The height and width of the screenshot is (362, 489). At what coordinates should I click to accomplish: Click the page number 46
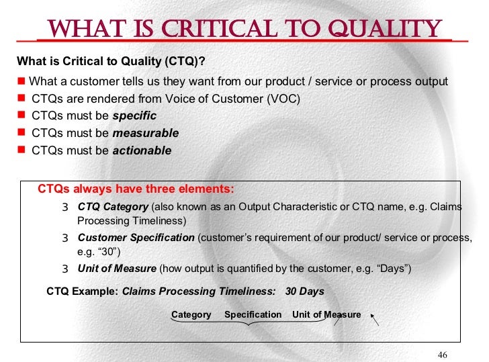click(x=442, y=355)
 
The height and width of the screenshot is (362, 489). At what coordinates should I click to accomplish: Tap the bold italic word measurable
click(x=145, y=133)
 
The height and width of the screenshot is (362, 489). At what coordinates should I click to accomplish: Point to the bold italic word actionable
click(x=142, y=150)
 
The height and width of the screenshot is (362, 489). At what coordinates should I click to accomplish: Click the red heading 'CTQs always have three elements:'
click(x=136, y=189)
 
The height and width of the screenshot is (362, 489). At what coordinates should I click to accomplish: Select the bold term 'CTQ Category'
click(x=113, y=207)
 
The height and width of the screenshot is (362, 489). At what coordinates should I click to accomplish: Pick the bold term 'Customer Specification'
click(x=136, y=238)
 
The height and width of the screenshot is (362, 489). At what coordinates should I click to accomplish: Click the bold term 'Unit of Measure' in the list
click(x=117, y=269)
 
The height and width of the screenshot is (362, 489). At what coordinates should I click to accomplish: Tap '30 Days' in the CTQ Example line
click(x=304, y=291)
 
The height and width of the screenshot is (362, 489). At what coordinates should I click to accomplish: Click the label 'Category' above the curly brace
click(x=191, y=314)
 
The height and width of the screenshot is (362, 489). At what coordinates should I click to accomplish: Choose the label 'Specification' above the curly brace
click(x=253, y=314)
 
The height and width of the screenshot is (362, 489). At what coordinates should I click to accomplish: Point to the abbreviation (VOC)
click(x=283, y=99)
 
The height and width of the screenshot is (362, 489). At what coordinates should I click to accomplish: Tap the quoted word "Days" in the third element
click(x=392, y=269)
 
